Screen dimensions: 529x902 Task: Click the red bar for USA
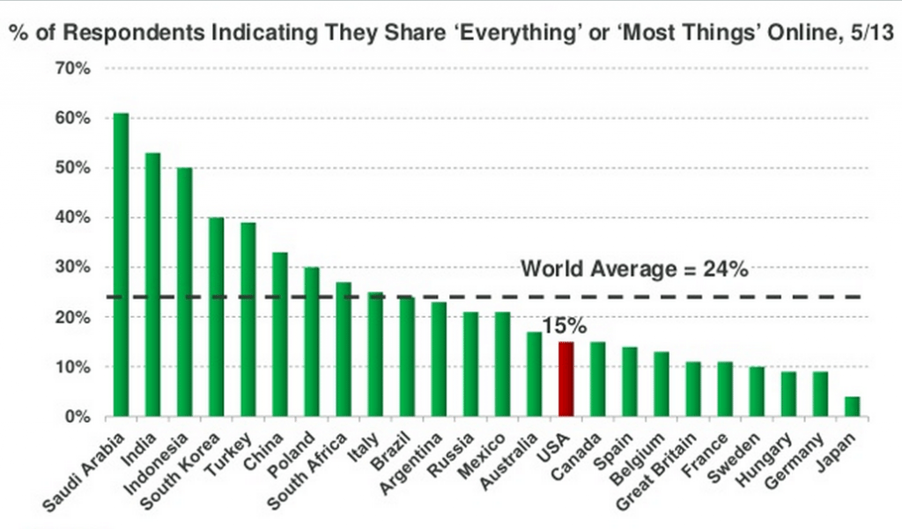coord(566,379)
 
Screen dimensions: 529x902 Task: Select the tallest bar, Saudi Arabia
coord(122,265)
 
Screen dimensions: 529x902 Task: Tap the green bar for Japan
coord(851,407)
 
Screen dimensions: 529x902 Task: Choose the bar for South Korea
coord(217,317)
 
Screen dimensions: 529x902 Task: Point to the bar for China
coord(280,334)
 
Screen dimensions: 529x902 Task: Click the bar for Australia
coord(534,374)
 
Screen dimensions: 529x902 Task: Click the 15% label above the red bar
coord(565,327)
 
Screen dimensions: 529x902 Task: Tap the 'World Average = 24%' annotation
coord(634,269)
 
